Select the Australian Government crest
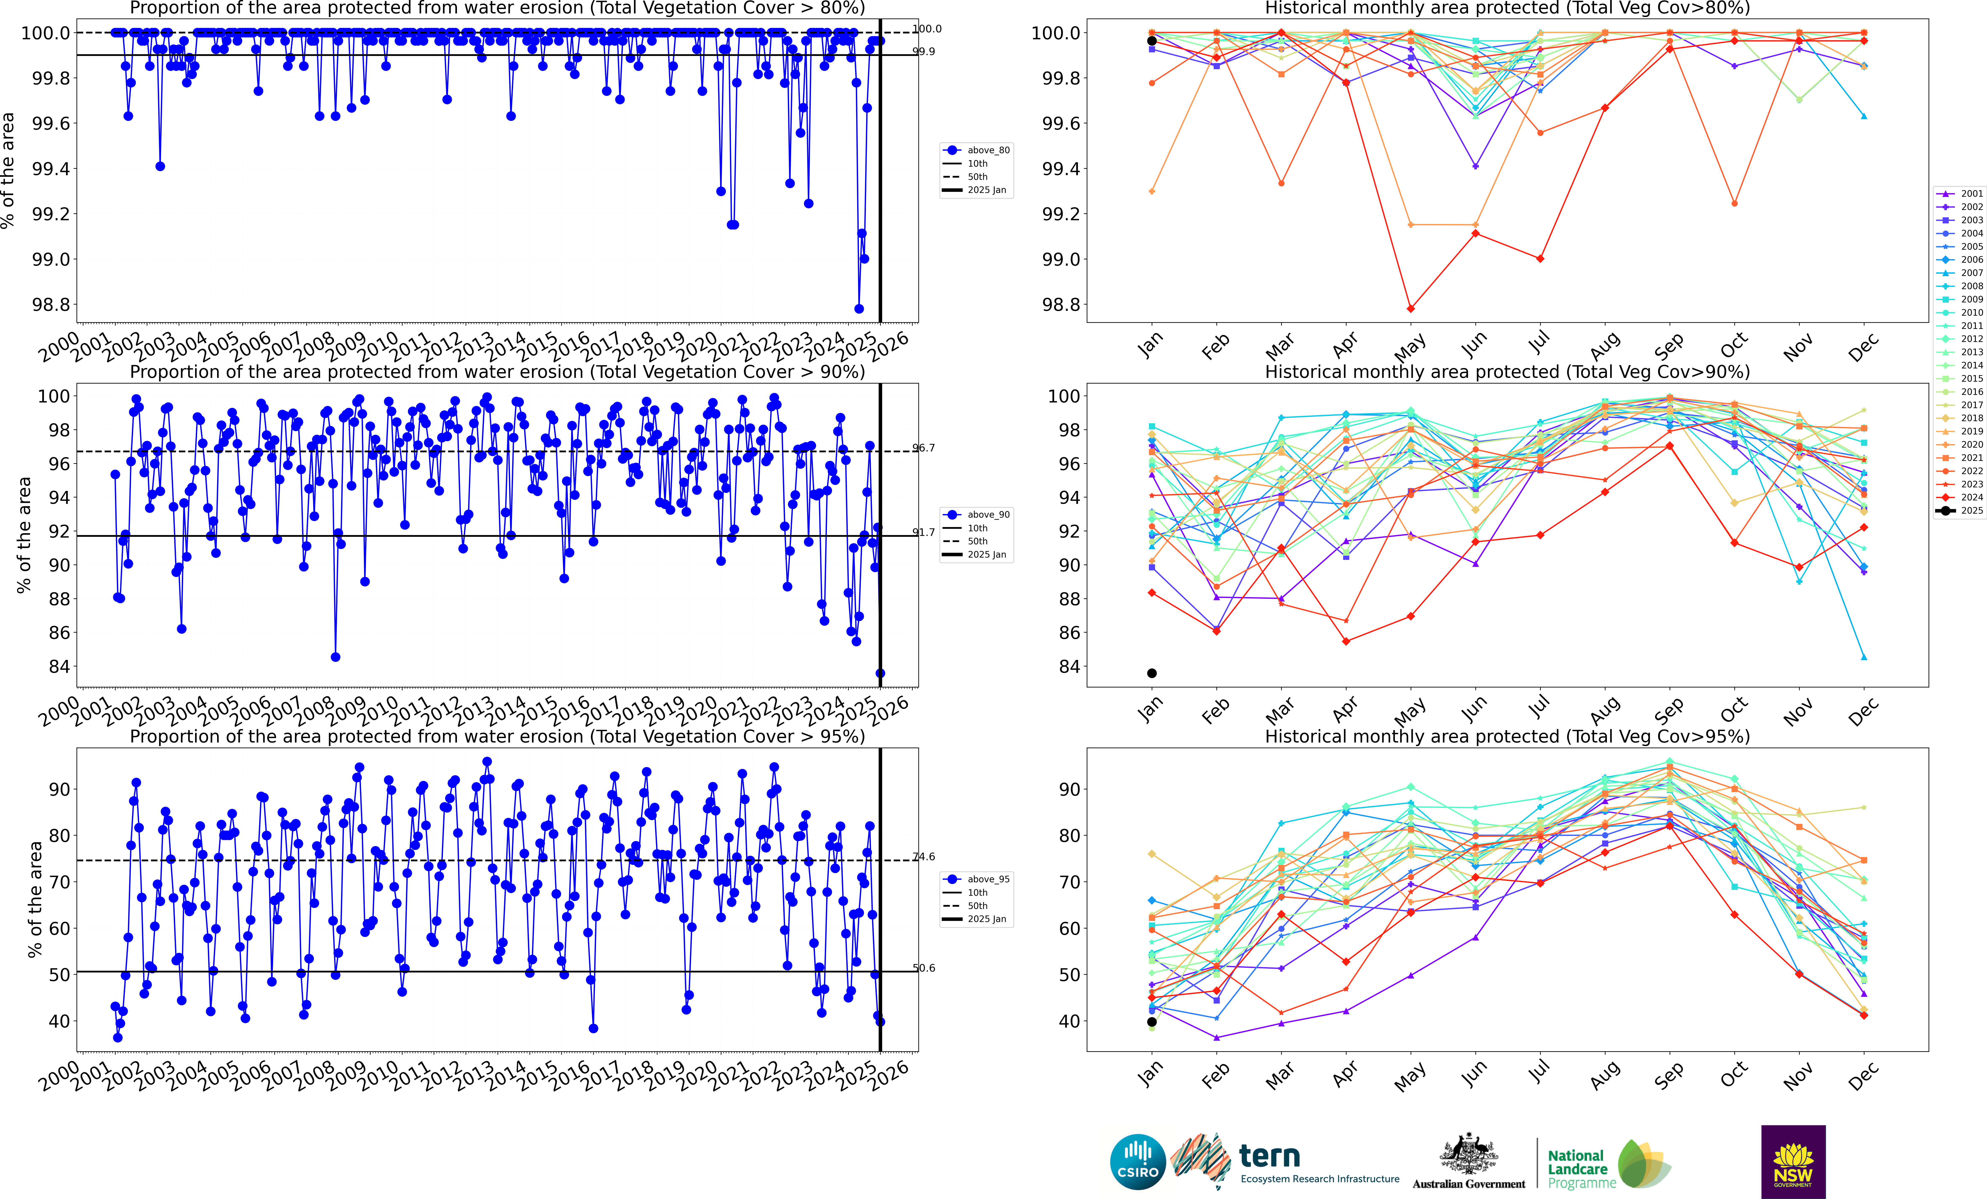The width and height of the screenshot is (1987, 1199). click(x=1468, y=1155)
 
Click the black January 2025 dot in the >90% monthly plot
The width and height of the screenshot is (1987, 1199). click(x=1151, y=673)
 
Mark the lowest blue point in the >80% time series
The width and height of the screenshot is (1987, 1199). click(x=859, y=309)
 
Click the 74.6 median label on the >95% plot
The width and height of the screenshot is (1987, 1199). click(x=924, y=856)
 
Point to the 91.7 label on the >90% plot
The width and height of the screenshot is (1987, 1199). click(x=924, y=532)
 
